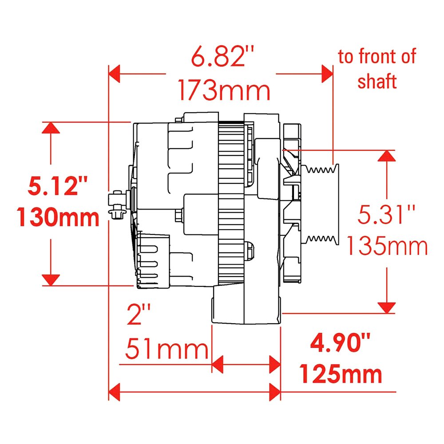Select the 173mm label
click(224, 90)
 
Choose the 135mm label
click(387, 246)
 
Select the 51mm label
click(167, 349)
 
